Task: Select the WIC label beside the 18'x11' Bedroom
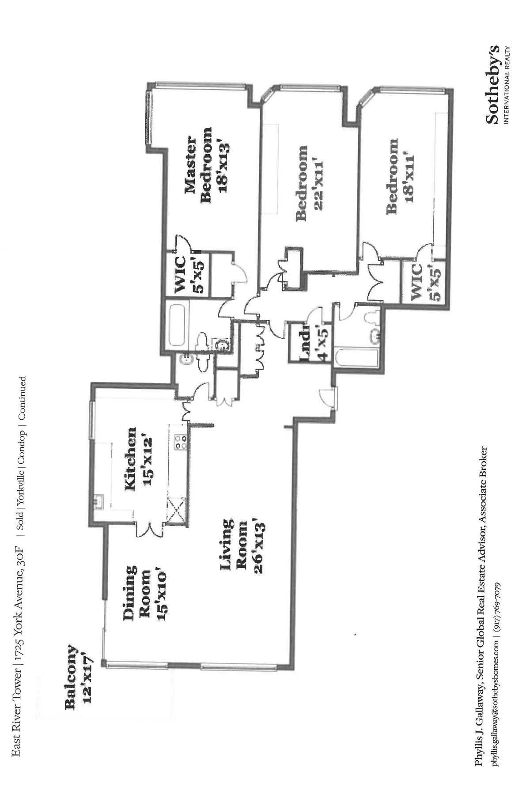coord(417,282)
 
